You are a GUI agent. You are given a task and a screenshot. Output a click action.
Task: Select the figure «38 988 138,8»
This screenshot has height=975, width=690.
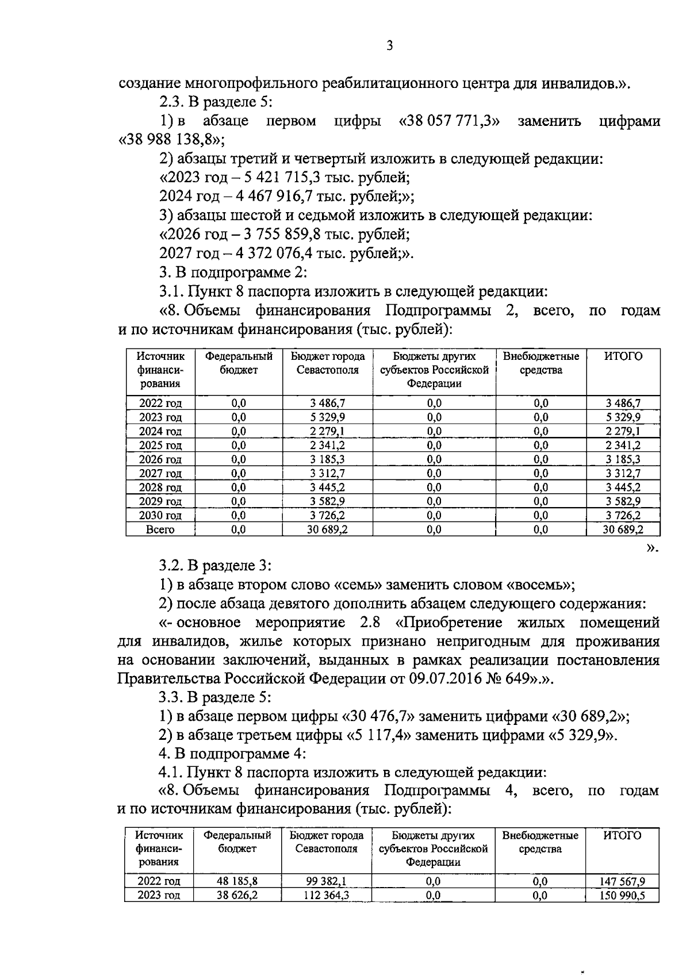point(171,140)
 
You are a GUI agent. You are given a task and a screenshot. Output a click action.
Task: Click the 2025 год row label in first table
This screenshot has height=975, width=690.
point(160,445)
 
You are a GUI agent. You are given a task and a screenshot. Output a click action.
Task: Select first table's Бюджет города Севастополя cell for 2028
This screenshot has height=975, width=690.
point(327,487)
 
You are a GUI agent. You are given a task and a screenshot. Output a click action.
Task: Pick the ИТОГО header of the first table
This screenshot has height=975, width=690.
point(623,356)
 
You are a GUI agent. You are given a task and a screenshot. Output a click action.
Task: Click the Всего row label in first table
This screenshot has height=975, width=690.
point(160,529)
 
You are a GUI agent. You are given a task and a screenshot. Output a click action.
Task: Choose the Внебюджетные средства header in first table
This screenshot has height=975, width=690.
point(540,363)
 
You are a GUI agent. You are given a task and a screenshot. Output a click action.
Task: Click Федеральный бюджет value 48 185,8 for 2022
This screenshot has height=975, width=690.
point(237,881)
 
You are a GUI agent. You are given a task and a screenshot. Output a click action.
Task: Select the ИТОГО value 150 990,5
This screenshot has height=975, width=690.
point(623,896)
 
